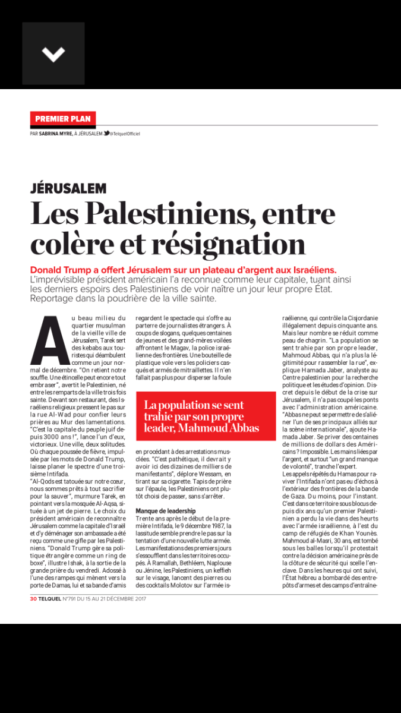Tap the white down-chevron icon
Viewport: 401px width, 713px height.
tap(53, 54)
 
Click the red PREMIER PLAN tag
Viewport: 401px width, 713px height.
tap(63, 119)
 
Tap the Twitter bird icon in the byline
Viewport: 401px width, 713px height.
tap(106, 134)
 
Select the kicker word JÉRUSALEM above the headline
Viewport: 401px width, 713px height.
tap(68, 188)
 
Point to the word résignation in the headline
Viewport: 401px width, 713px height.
tap(237, 244)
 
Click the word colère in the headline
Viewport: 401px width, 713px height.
tap(71, 244)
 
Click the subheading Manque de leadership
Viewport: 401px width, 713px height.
tap(166, 511)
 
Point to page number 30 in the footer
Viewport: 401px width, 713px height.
tap(34, 598)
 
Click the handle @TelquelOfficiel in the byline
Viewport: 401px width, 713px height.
tap(126, 134)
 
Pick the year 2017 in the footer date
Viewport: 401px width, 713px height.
tap(140, 598)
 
